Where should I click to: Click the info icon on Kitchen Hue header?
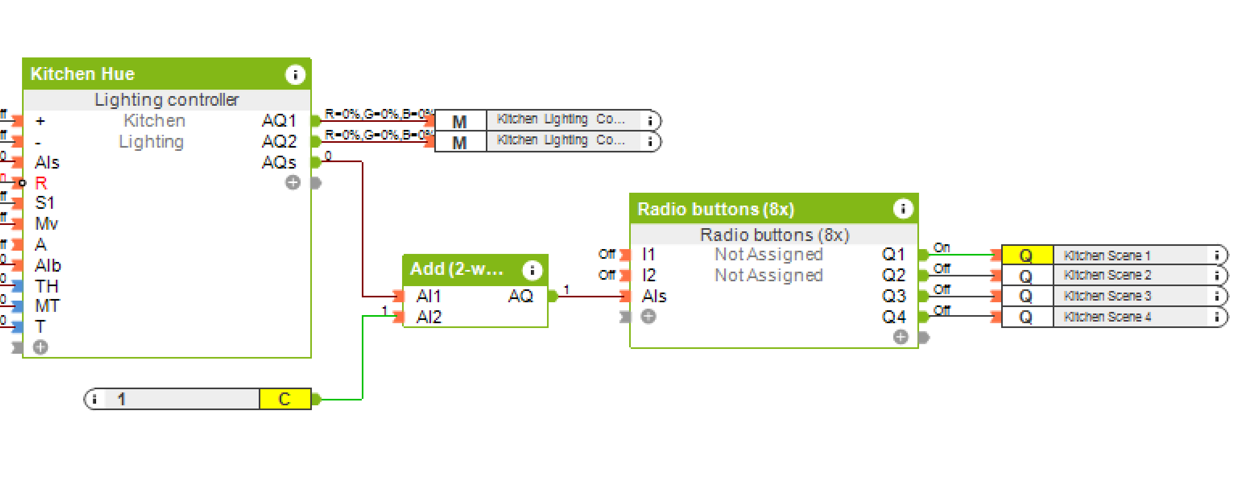[295, 74]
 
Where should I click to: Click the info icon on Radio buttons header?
[903, 209]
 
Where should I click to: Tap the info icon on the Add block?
[532, 269]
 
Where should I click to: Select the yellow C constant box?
[285, 399]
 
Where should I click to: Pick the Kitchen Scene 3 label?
[1107, 296]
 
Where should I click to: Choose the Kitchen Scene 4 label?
[1107, 317]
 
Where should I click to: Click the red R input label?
[41, 183]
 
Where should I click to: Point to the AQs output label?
[279, 162]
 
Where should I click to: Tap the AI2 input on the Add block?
[429, 317]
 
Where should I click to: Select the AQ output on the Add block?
[520, 296]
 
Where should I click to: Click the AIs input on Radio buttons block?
[654, 296]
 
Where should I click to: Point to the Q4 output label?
[894, 317]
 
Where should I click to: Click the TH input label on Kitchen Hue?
[47, 286]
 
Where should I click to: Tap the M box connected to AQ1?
[460, 121]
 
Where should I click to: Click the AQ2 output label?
[279, 141]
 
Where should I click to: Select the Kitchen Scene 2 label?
[1107, 275]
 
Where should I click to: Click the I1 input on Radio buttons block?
[649, 254]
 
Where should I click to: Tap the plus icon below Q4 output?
[900, 337]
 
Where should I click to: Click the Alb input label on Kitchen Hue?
[48, 265]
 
